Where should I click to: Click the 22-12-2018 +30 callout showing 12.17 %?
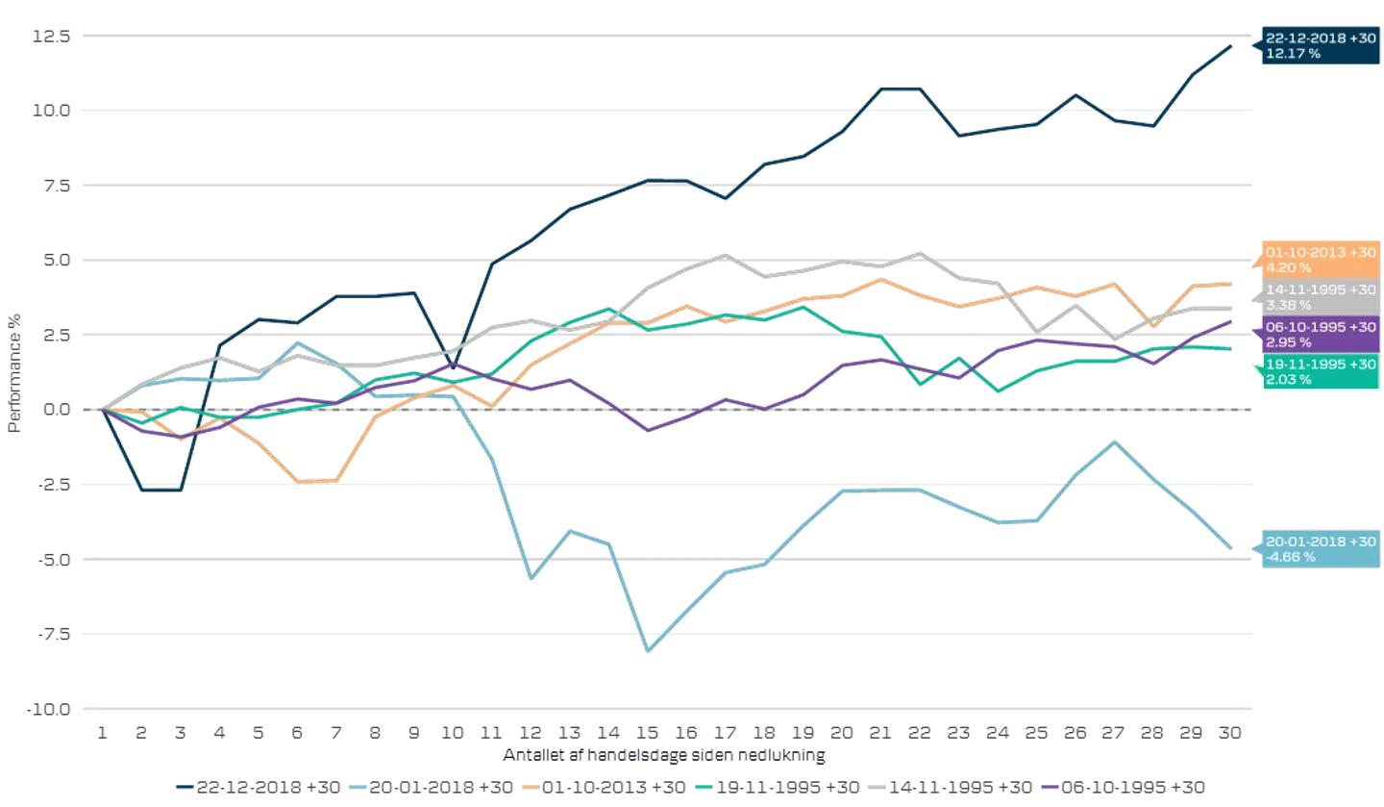coord(1320,46)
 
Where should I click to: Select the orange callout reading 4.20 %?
coord(1320,261)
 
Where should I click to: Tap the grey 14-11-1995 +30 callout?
coord(1320,298)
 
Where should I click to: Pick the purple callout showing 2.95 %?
coord(1320,335)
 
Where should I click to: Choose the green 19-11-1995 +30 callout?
coord(1320,372)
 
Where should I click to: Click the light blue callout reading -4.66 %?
coord(1320,549)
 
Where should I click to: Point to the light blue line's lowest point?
coord(650,651)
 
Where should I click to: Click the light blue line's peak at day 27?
coord(1115,441)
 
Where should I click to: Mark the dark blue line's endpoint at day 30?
coord(1232,44)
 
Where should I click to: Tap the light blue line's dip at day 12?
coord(531,579)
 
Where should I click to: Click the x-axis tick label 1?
coord(100,732)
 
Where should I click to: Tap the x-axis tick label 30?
coord(1231,732)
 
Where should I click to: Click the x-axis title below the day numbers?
coord(664,755)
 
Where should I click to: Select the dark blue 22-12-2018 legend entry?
coord(259,787)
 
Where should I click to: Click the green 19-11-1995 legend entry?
coord(778,787)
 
